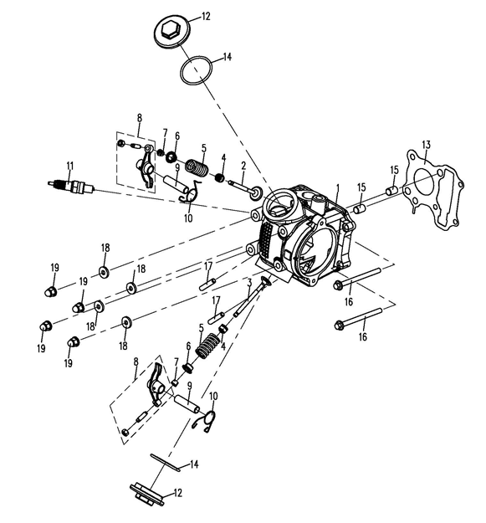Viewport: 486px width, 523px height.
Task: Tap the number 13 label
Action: (x=426, y=145)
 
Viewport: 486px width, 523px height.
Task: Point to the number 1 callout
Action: (x=337, y=188)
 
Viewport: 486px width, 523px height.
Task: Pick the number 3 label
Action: (x=249, y=283)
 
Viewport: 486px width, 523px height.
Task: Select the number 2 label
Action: (x=243, y=166)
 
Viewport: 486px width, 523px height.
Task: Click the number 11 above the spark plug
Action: (x=69, y=166)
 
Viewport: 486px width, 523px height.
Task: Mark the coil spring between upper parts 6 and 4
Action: (x=197, y=167)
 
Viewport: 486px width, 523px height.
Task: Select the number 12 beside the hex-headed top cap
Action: (x=206, y=16)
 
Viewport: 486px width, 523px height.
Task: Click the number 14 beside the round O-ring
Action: (x=227, y=57)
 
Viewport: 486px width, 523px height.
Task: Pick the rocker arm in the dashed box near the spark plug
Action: (x=146, y=166)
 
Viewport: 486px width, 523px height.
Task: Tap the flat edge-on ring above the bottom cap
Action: (x=165, y=462)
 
